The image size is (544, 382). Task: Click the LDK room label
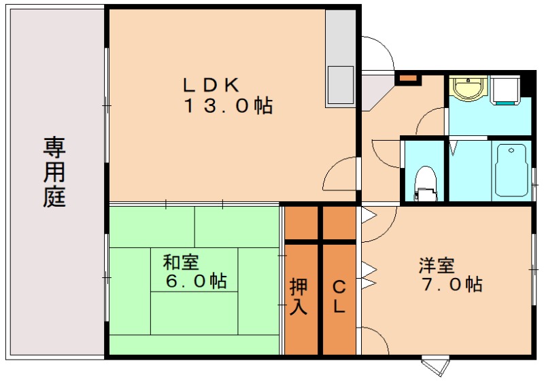(209, 85)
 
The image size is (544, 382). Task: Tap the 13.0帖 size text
(228, 106)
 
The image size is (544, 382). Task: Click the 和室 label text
(181, 262)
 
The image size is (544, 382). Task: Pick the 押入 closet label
(299, 296)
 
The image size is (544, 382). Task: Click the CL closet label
(339, 296)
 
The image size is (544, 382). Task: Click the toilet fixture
(425, 181)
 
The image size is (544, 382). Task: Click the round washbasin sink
(467, 88)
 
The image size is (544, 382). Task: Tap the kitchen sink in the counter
(340, 84)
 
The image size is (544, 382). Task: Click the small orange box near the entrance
(408, 78)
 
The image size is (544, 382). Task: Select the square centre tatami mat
(194, 270)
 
